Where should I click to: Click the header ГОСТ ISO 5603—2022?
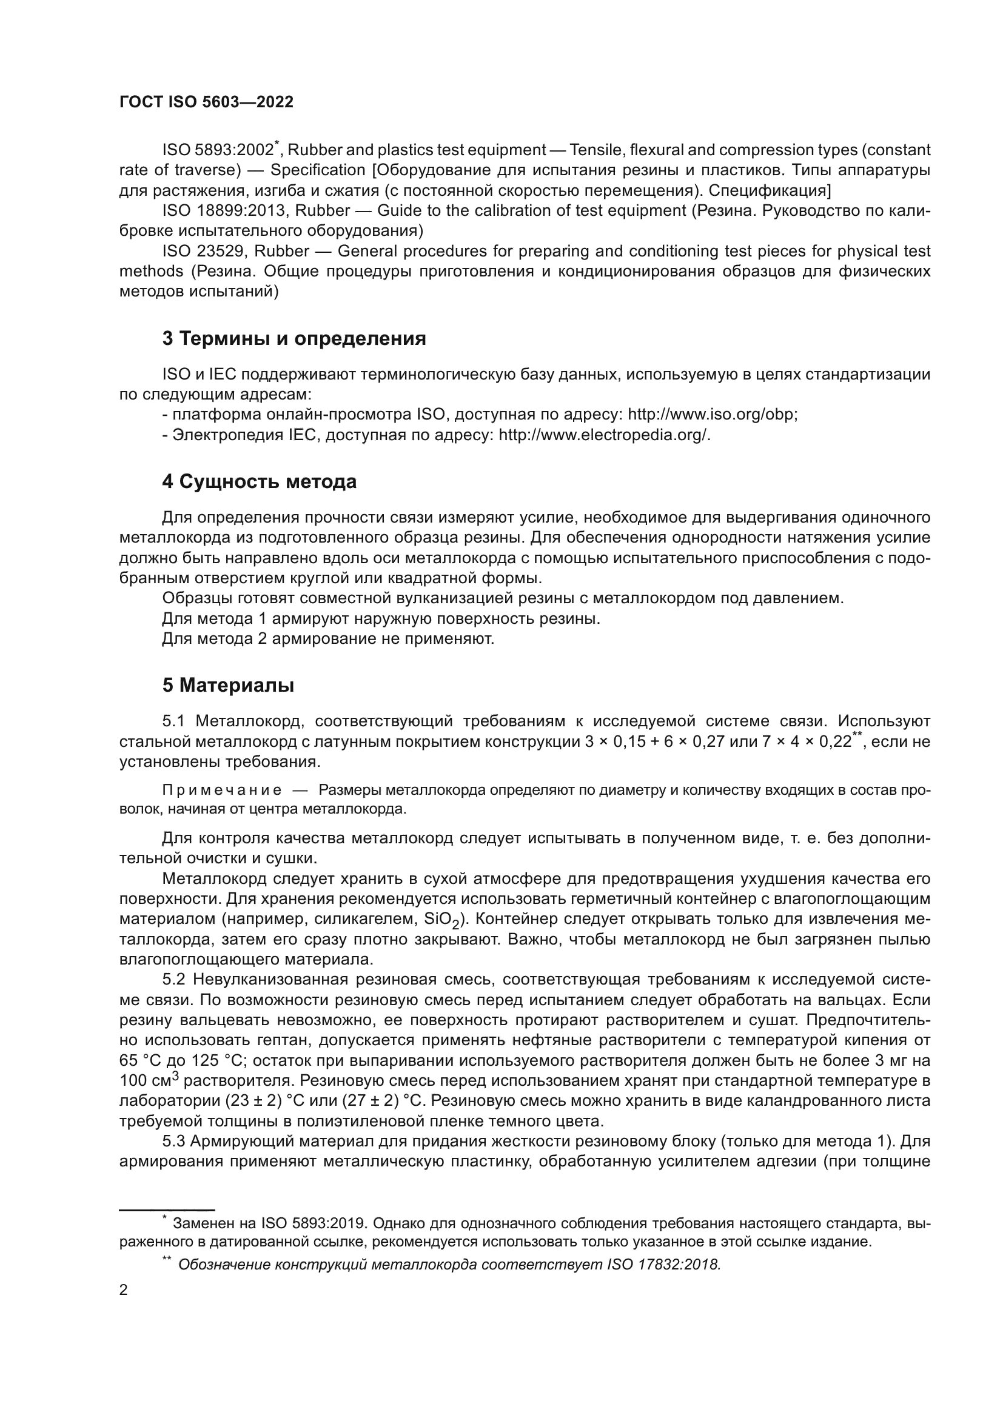coord(206,102)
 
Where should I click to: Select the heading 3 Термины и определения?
coord(294,339)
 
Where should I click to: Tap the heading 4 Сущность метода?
coord(260,482)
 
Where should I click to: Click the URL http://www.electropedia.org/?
coord(604,435)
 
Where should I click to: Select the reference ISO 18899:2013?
coord(225,211)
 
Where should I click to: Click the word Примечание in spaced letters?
coord(222,791)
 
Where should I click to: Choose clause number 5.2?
coord(174,980)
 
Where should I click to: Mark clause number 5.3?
coord(174,1142)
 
